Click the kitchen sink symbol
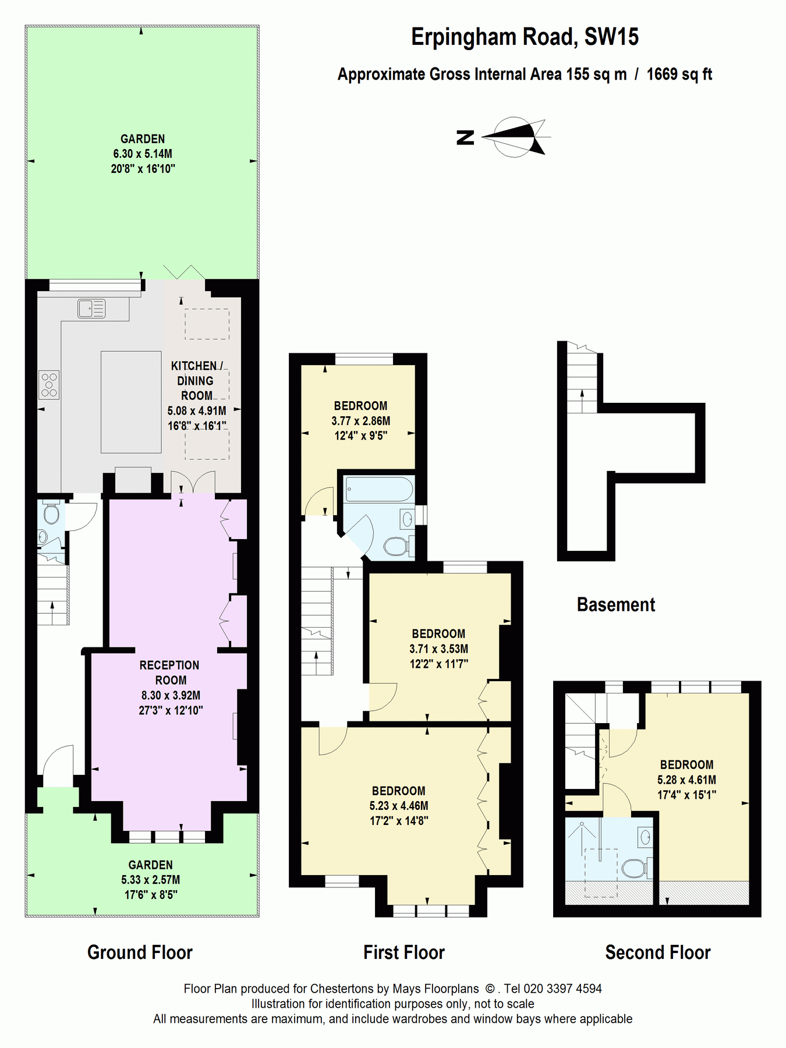pyautogui.click(x=91, y=309)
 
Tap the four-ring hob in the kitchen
pyautogui.click(x=49, y=385)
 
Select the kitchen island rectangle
pyautogui.click(x=131, y=402)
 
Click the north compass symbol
pyautogui.click(x=512, y=137)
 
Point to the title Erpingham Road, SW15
pyautogui.click(x=525, y=37)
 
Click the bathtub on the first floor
pyautogui.click(x=378, y=489)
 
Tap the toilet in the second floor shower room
pyautogui.click(x=635, y=868)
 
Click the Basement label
pyautogui.click(x=615, y=604)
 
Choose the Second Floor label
pyautogui.click(x=657, y=953)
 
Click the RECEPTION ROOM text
pyautogui.click(x=170, y=672)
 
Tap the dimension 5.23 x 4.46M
pyautogui.click(x=399, y=806)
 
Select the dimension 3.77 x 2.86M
pyautogui.click(x=361, y=420)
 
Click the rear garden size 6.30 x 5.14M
pyautogui.click(x=143, y=154)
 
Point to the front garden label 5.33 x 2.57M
pyautogui.click(x=150, y=880)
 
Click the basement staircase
pyautogui.click(x=582, y=381)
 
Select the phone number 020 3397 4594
pyautogui.click(x=562, y=988)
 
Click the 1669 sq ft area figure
pyautogui.click(x=679, y=75)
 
